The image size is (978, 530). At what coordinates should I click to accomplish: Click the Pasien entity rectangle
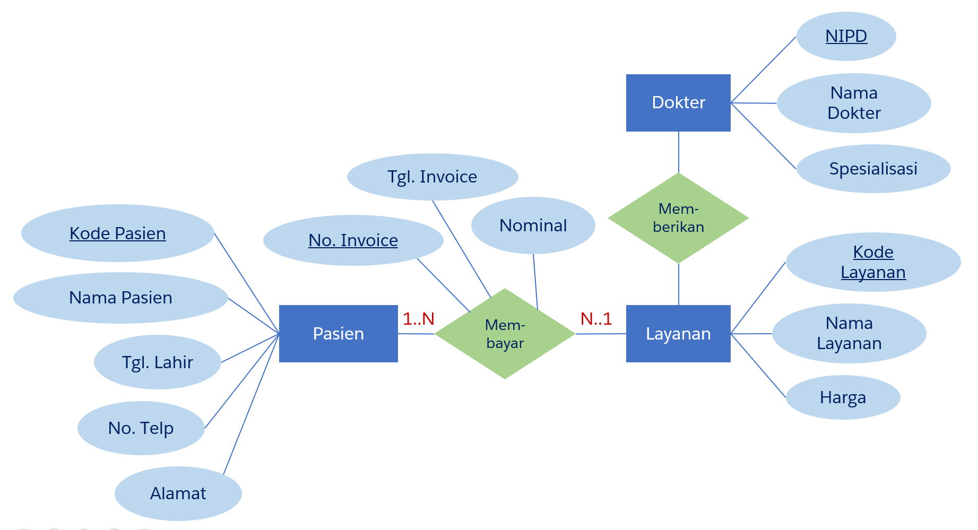point(338,333)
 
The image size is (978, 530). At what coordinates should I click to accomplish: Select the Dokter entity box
point(678,102)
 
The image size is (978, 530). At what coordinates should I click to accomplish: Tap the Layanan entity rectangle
point(678,333)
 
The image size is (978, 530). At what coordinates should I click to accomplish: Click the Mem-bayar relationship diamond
point(505,334)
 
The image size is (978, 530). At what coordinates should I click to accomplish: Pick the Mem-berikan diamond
point(678,218)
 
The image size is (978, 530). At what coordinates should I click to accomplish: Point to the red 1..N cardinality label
point(418,319)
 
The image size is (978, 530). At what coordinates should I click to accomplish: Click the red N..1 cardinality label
point(596,319)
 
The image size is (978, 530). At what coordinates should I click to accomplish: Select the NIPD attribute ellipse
point(846,36)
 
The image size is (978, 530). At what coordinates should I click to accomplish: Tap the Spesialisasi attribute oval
point(873,169)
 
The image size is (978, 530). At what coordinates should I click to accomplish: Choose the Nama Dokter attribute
point(853,103)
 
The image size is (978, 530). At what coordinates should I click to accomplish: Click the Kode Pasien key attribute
point(117,233)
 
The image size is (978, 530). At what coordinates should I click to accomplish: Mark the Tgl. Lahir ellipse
point(157,362)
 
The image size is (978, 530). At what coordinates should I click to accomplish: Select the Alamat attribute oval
point(178,493)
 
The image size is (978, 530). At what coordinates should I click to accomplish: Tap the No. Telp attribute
point(141,428)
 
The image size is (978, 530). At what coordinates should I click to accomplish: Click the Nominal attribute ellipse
point(533,225)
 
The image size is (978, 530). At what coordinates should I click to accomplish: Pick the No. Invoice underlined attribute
point(353,240)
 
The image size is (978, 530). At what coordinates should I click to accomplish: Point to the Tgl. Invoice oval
point(432,177)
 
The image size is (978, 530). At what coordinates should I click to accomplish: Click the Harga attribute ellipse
point(843,397)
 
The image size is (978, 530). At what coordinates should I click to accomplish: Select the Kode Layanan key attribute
point(873,262)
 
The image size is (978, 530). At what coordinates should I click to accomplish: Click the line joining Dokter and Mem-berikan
point(678,152)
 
